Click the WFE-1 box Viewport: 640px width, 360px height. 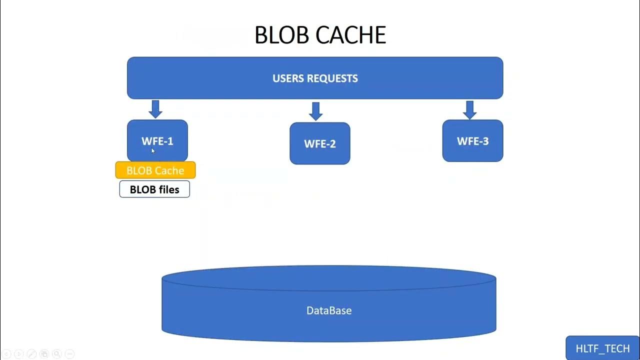coord(157,135)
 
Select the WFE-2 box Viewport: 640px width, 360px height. coord(320,143)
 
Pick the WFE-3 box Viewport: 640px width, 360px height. coord(472,141)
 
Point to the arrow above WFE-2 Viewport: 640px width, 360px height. coord(315,111)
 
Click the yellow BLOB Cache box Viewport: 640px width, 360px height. coord(155,170)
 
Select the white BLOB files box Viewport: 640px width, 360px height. coord(154,189)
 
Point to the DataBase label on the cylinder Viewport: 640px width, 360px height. coord(329,310)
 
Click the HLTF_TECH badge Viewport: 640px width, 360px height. coord(602,348)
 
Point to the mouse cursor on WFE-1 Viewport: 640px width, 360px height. coord(153,150)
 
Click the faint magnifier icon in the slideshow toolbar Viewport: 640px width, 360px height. coord(56,354)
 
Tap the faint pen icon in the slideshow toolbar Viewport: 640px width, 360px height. coord(31,354)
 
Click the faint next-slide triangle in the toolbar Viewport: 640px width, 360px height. coord(18,354)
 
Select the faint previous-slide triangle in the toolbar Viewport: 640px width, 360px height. coord(6,354)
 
